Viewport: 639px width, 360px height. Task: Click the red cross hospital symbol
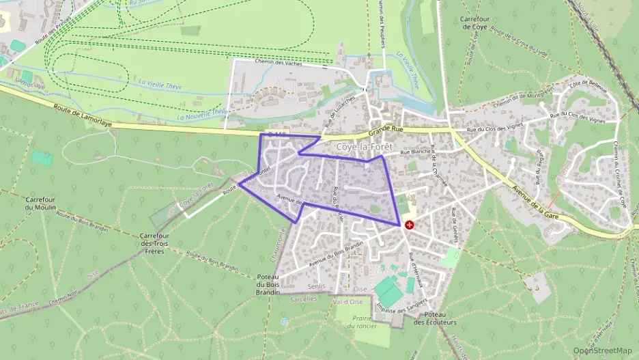[409, 224]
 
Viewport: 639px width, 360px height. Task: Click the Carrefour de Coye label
[477, 23]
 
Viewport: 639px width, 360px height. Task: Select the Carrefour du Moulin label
[38, 204]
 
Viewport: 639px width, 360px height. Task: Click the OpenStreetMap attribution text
[602, 350]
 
